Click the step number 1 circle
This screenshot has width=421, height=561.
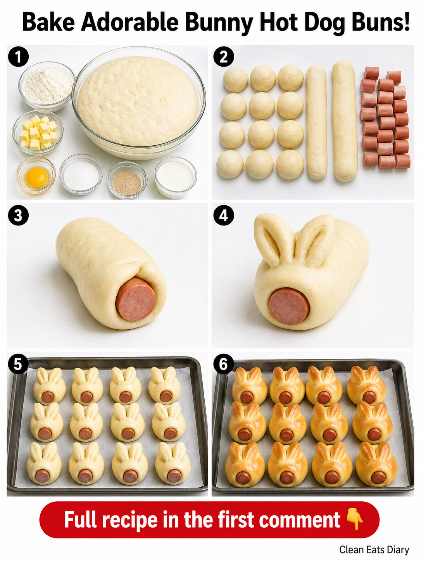[18, 57]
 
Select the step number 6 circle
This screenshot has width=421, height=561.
[223, 364]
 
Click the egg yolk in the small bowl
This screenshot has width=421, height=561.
[36, 177]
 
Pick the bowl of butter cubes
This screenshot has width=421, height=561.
[38, 133]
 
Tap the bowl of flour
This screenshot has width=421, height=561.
[47, 86]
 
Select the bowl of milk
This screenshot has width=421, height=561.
[176, 177]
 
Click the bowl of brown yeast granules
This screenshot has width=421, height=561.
[127, 180]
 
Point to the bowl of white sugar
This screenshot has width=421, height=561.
[81, 174]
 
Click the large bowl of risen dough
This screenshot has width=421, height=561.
[139, 103]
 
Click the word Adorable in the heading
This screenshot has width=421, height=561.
[130, 22]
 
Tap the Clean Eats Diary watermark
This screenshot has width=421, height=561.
[374, 549]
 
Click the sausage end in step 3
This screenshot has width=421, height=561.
[136, 299]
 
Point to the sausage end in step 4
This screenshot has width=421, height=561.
[289, 306]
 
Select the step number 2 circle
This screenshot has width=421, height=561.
[223, 57]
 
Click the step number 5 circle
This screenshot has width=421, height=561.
[18, 364]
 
